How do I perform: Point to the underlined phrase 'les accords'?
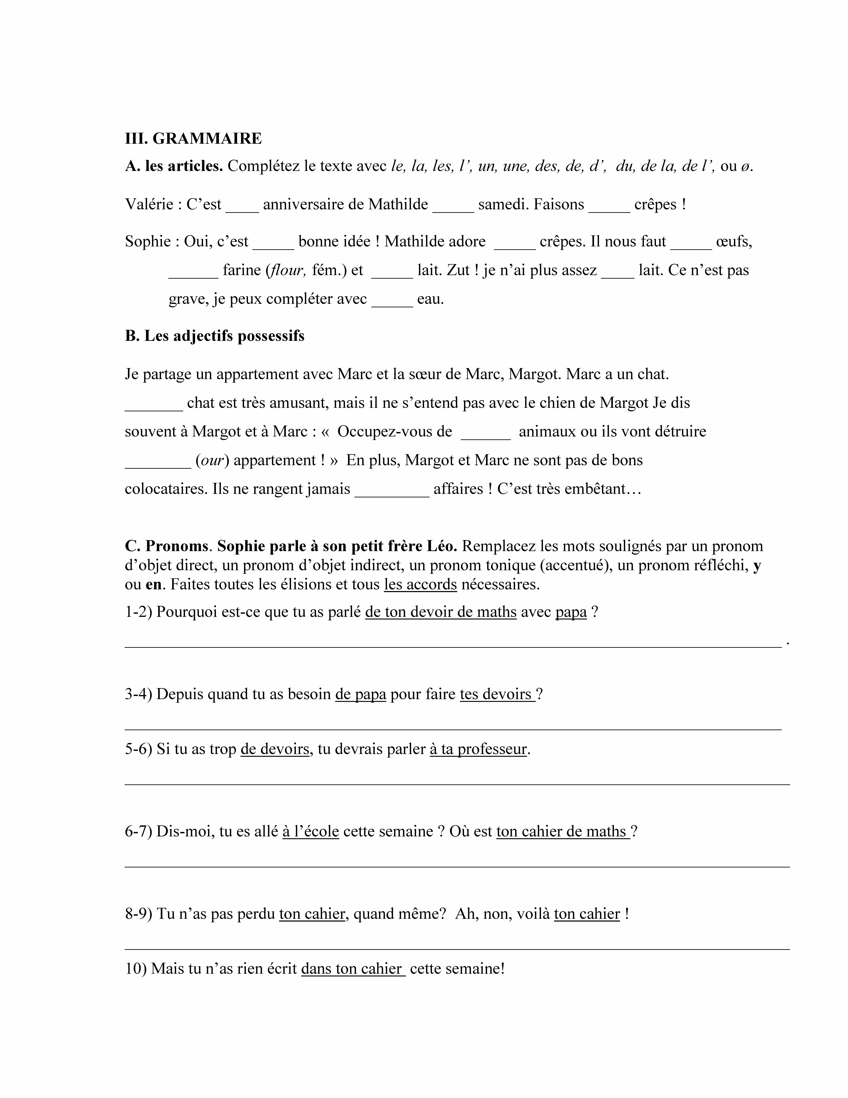421,585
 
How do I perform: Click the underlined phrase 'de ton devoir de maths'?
441,612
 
